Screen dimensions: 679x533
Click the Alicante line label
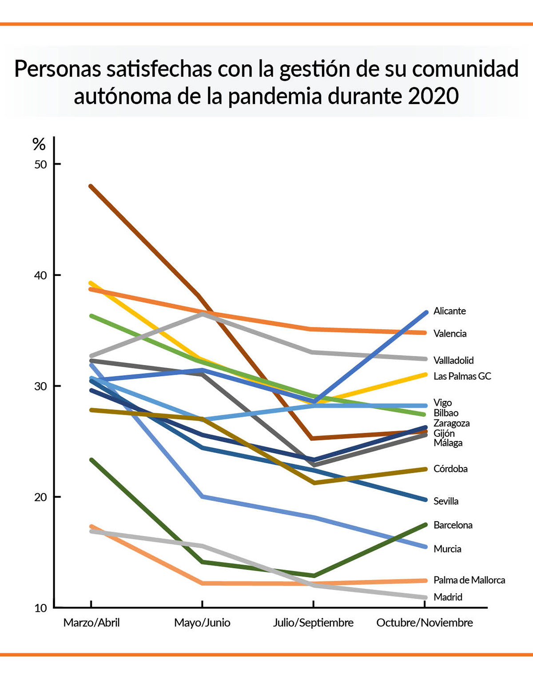(449, 311)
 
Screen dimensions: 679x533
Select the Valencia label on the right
(450, 334)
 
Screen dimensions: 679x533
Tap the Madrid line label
(448, 597)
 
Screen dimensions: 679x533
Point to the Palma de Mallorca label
(469, 580)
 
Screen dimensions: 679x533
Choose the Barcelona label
(453, 525)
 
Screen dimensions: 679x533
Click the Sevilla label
(446, 501)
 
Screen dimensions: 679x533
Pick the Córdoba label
(450, 469)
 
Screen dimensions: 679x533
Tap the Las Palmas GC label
(462, 376)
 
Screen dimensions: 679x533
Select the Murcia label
(447, 549)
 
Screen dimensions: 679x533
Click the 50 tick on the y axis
(40, 164)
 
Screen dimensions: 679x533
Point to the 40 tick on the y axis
(40, 276)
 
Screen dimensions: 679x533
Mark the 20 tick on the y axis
(40, 497)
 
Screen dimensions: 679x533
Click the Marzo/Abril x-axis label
(91, 623)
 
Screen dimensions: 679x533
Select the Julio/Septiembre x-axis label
(313, 623)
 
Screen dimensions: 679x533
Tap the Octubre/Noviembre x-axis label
(425, 623)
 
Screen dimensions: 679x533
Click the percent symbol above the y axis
(39, 144)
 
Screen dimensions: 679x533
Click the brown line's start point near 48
(91, 186)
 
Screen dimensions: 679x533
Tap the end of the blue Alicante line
(425, 313)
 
